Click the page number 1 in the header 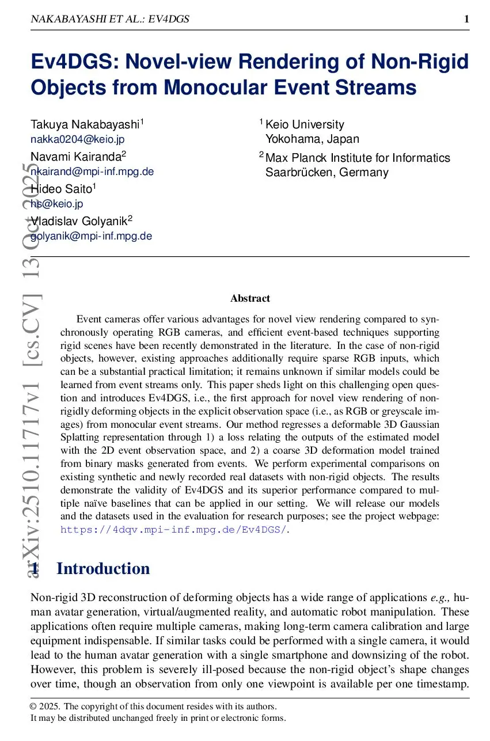tap(466, 20)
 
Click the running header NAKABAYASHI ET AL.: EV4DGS tap(109, 20)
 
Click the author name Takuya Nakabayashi tap(85, 124)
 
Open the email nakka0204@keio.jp tap(77, 139)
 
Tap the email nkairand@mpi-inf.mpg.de tap(92, 171)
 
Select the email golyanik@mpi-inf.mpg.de tap(91, 235)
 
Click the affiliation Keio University tap(305, 124)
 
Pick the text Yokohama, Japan tap(312, 139)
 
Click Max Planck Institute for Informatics tap(358, 158)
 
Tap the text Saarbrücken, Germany tap(326, 172)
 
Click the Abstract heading tap(250, 298)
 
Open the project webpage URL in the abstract tap(173, 530)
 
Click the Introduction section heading tap(103, 569)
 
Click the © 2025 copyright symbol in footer tap(34, 706)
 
